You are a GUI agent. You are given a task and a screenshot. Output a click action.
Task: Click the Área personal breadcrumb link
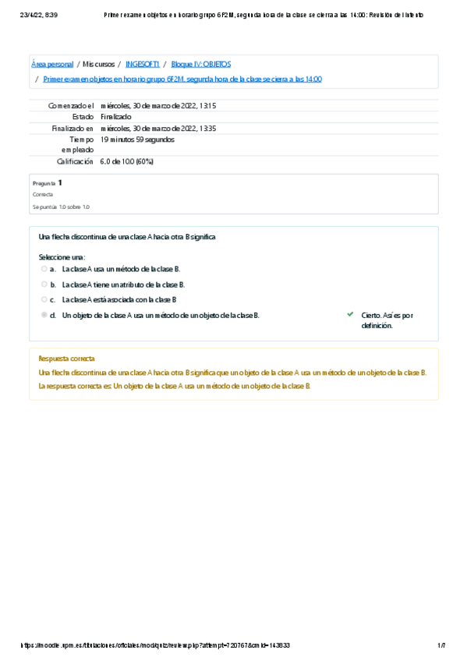[52, 64]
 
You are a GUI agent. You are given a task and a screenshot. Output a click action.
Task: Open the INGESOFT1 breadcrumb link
[143, 64]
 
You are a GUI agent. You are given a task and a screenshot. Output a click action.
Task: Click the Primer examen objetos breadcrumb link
[182, 79]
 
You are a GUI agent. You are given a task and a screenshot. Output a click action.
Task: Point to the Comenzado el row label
[71, 105]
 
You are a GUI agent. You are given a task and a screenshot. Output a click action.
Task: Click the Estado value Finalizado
[116, 117]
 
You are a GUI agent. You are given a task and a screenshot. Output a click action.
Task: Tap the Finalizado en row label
[73, 128]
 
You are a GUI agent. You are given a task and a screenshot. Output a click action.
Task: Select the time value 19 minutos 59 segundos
[137, 140]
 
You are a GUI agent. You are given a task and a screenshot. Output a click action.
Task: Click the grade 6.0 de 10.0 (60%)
[126, 161]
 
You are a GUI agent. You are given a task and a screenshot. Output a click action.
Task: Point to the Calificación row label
[75, 161]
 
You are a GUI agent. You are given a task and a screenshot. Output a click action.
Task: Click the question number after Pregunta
[60, 182]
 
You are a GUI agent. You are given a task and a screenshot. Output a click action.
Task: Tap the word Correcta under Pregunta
[43, 194]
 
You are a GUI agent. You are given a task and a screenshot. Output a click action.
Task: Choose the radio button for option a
[44, 268]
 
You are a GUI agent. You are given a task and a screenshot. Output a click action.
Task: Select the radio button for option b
[44, 284]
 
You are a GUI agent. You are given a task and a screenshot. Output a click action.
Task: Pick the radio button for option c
[44, 299]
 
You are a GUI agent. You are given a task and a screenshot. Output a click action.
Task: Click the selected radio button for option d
[44, 315]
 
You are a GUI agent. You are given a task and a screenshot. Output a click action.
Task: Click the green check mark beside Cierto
[350, 315]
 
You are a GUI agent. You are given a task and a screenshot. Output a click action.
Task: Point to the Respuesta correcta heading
[66, 359]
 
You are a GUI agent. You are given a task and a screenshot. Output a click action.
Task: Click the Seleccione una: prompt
[62, 256]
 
